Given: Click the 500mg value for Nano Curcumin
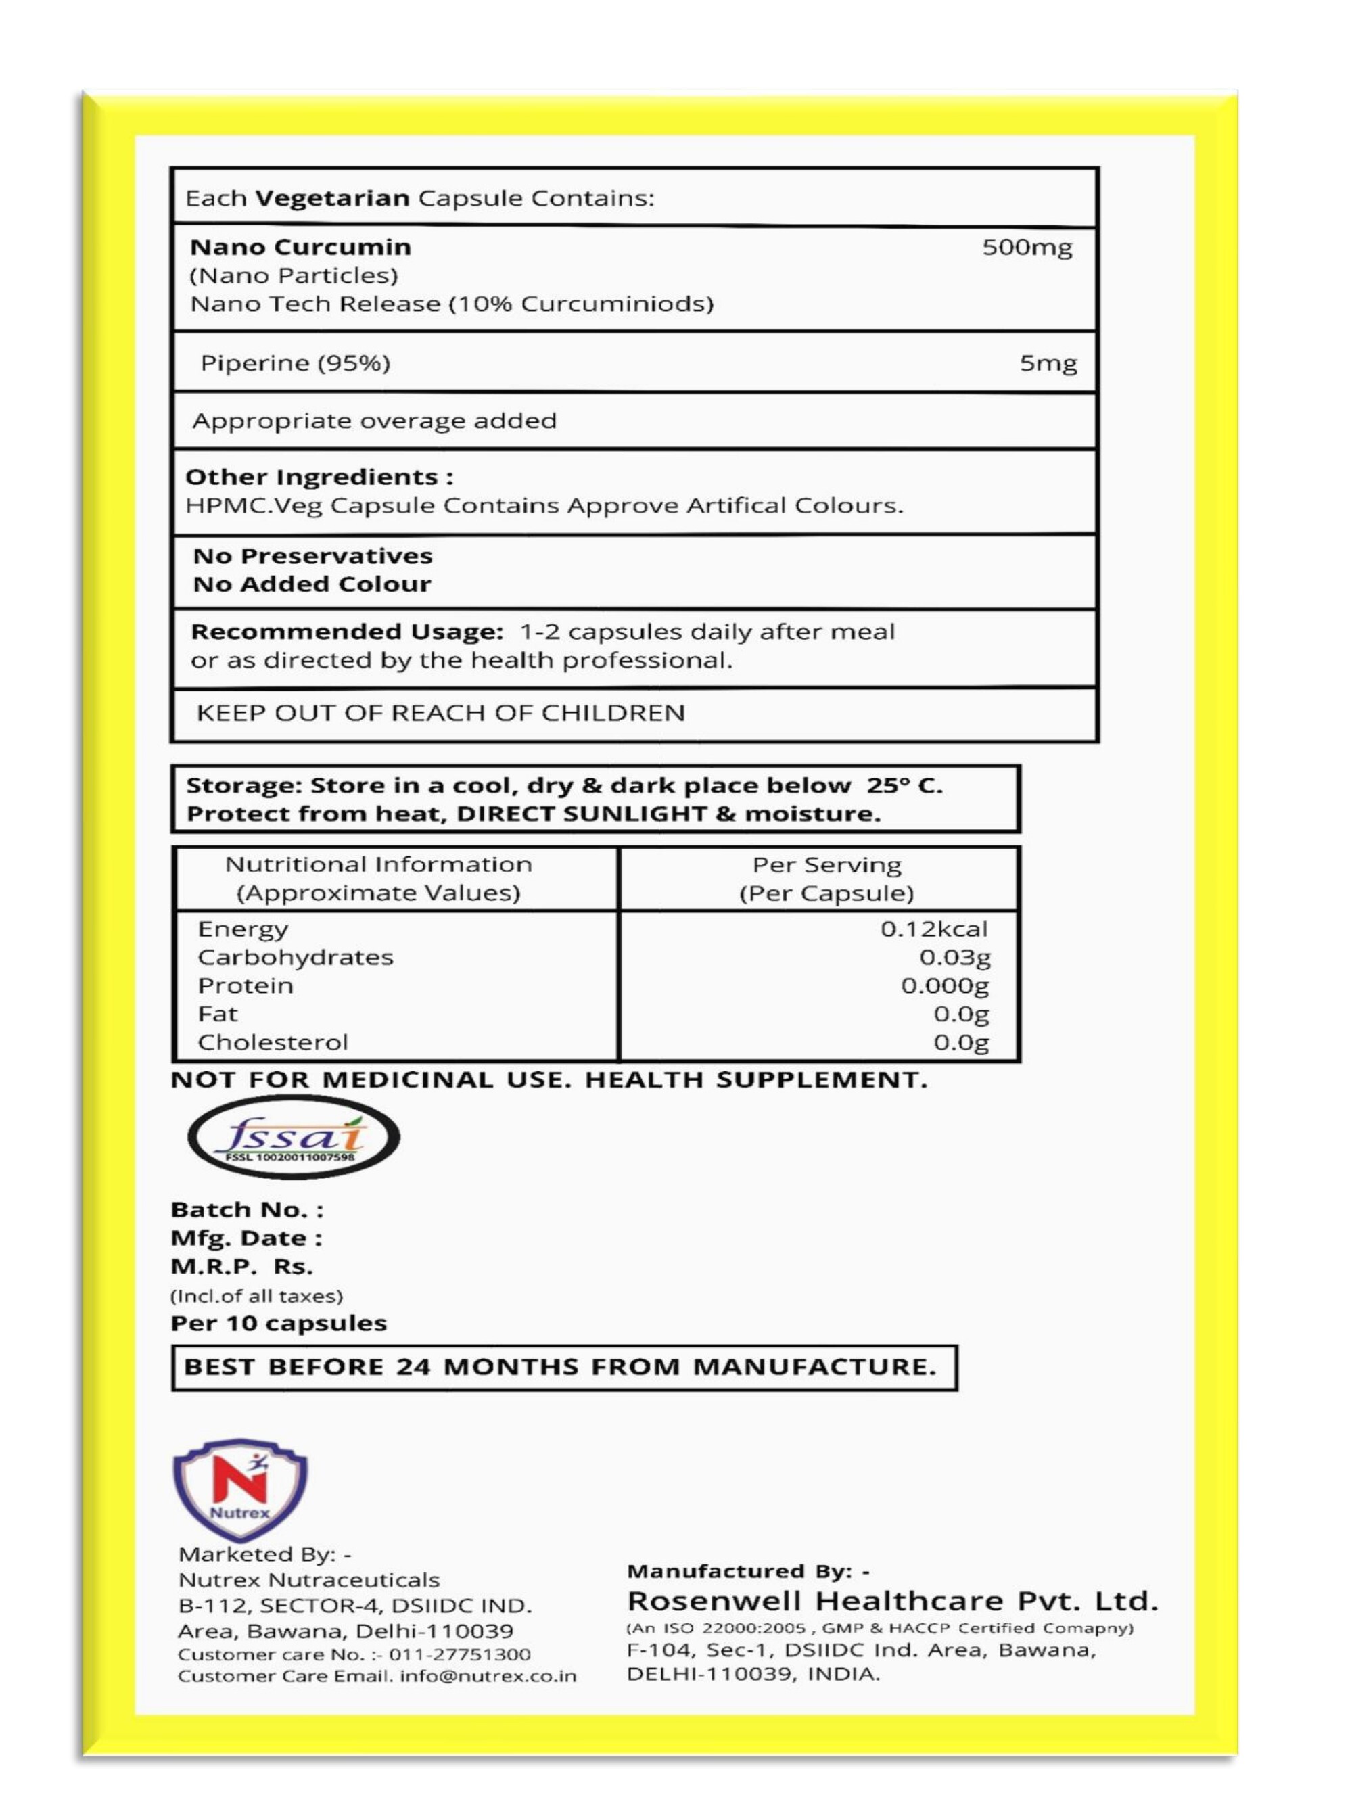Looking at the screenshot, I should point(1026,247).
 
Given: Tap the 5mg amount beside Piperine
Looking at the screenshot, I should point(1048,363).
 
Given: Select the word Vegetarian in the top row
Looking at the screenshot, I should point(332,198).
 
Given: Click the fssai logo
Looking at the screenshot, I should point(294,1138).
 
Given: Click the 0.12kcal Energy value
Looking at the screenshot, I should point(934,929).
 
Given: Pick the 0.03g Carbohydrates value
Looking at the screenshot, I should point(954,956).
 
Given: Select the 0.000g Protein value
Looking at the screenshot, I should point(944,985).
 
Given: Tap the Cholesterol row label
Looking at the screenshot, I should point(273,1042).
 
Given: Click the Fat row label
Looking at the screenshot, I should point(218,1014).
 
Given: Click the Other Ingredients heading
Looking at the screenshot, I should point(319,477).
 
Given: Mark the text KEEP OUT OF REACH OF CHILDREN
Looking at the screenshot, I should point(440,713).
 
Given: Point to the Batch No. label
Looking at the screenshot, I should point(246,1209).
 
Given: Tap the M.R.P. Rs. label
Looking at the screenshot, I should point(241,1267).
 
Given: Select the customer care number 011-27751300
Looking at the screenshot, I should point(459,1654).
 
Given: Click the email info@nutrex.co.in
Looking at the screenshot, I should point(488,1676).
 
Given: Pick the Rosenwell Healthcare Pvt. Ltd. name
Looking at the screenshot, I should point(892,1600).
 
